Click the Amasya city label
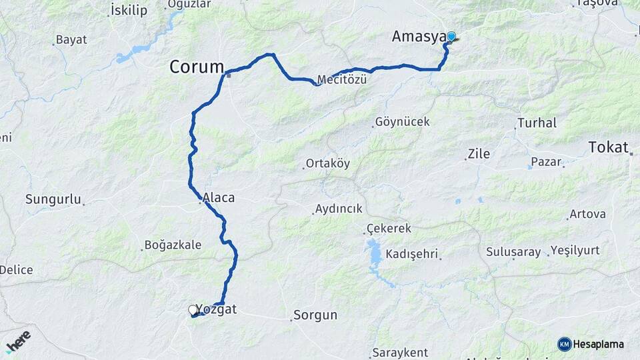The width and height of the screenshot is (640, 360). (418, 37)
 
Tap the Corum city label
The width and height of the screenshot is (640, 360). (197, 67)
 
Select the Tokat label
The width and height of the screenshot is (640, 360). (609, 147)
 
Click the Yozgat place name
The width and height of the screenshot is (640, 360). (217, 310)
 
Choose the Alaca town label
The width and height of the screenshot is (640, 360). (219, 197)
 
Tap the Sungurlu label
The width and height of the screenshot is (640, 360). (53, 199)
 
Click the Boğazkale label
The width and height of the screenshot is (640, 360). (173, 245)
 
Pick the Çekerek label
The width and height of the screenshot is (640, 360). (390, 229)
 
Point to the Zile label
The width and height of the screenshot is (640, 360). (479, 154)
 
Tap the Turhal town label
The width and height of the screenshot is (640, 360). (537, 123)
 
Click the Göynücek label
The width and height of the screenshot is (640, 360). (402, 122)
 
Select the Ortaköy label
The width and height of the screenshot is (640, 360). (327, 163)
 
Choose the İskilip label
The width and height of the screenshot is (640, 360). (129, 10)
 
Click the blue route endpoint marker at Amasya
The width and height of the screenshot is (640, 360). (451, 37)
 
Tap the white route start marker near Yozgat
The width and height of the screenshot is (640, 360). (193, 310)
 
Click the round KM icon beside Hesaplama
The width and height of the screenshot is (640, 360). (565, 344)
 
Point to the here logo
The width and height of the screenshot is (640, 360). (18, 341)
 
